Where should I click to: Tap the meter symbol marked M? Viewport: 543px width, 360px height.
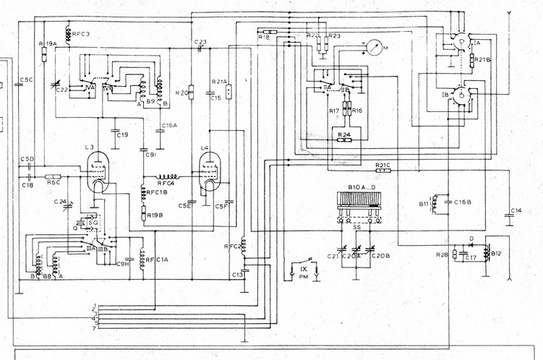click(x=373, y=49)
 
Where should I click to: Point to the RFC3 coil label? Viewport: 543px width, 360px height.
click(x=80, y=34)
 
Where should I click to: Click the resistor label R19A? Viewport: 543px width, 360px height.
click(x=48, y=44)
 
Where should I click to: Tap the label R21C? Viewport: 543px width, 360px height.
click(x=382, y=166)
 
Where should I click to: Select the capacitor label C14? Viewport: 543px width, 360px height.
click(x=516, y=210)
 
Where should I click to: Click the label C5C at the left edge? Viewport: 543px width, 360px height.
click(x=27, y=80)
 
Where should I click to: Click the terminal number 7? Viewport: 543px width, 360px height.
click(x=94, y=329)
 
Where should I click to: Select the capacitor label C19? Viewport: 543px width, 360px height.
click(x=122, y=135)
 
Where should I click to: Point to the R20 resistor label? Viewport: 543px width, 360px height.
click(x=182, y=93)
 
